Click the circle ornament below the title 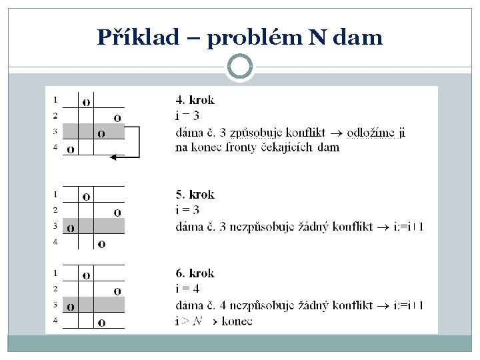tap(240, 67)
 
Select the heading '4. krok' tap(195, 101)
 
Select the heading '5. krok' tap(195, 195)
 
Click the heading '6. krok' tap(195, 273)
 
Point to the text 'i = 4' tap(187, 289)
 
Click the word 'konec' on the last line tap(237, 321)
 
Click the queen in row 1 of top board tap(87, 102)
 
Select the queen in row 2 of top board tap(117, 118)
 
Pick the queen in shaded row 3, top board tap(101, 133)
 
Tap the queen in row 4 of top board tap(71, 149)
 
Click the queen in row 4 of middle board tap(101, 244)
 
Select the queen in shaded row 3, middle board tap(71, 228)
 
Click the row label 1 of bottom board tap(55, 273)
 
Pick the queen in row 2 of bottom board tap(117, 291)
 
